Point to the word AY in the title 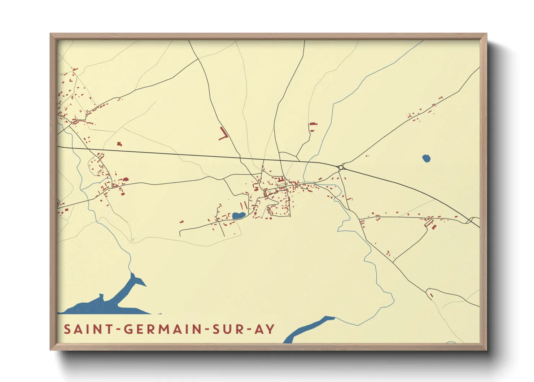pos(264,329)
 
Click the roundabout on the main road pos(341,167)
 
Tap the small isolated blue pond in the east pos(426,158)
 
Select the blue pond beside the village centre pos(238,216)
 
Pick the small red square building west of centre pos(119,144)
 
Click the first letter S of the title pos(67,329)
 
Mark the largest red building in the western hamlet pos(126,179)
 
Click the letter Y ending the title pos(270,329)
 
